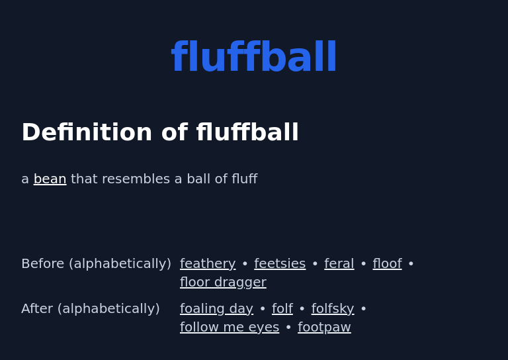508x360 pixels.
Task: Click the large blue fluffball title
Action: click(254, 58)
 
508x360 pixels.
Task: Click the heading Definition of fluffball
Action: click(160, 133)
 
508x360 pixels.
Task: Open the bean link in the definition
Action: click(50, 179)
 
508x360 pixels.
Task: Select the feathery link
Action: click(208, 264)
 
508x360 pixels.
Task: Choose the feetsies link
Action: click(280, 264)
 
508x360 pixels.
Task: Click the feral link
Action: click(339, 264)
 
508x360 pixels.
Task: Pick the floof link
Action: click(387, 264)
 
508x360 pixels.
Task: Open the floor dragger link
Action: click(223, 283)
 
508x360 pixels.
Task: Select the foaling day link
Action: click(216, 309)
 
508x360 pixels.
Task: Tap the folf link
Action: click(282, 309)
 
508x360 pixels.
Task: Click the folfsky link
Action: click(333, 309)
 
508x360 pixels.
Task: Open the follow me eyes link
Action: click(230, 328)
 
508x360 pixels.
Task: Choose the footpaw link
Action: click(324, 328)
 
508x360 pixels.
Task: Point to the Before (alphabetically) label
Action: click(96, 264)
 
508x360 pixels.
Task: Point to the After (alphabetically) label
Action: click(91, 309)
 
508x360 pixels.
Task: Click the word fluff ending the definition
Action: click(244, 179)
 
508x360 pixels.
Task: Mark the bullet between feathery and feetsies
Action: click(245, 264)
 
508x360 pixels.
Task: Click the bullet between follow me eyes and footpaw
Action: click(288, 328)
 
